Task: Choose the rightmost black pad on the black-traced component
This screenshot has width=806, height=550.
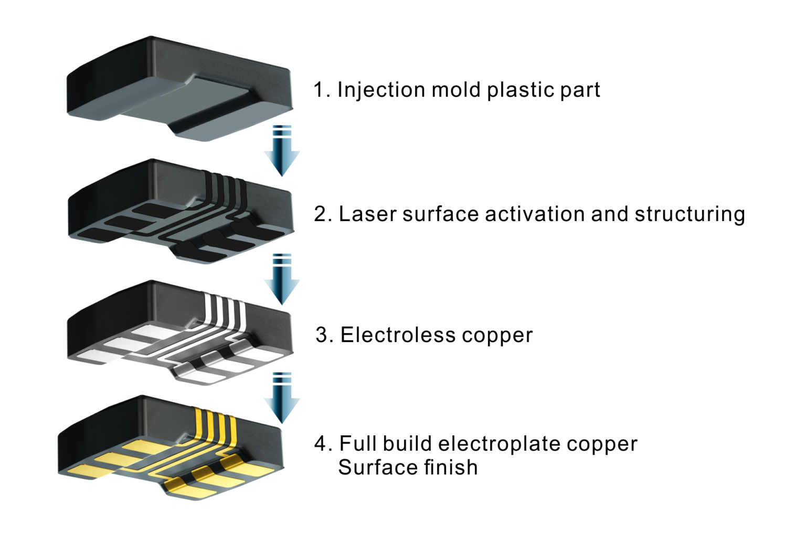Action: pos(268,231)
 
